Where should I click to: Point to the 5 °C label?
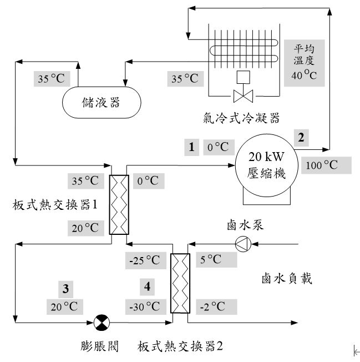click(x=210, y=259)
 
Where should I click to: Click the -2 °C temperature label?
click(x=212, y=306)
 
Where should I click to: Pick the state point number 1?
click(x=191, y=147)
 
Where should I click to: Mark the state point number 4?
click(x=146, y=287)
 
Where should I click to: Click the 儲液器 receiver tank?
click(x=101, y=103)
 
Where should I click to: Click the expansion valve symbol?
click(x=102, y=322)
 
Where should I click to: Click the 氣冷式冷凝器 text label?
click(x=241, y=118)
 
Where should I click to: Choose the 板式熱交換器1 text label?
click(x=55, y=204)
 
